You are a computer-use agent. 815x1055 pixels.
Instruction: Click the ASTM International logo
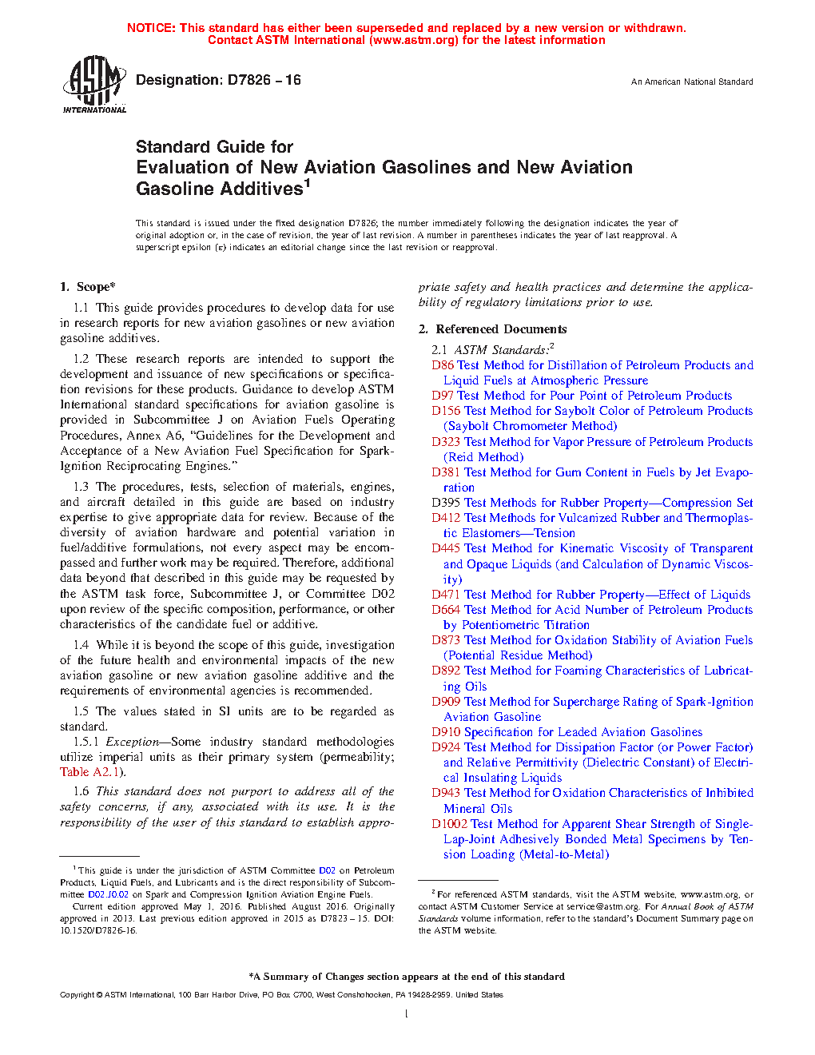coord(94,85)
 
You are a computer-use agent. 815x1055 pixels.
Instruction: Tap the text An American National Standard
coord(692,82)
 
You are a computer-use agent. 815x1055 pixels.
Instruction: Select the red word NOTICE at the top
coord(151,28)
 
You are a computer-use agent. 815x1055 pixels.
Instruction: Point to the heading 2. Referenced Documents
coord(493,329)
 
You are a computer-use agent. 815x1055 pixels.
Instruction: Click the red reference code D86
coord(443,365)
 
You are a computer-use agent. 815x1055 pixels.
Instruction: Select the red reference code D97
coord(443,396)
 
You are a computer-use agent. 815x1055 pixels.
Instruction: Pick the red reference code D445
coord(446,548)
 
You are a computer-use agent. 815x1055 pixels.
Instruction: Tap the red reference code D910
coord(446,732)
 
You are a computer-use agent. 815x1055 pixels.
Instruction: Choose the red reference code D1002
coord(449,824)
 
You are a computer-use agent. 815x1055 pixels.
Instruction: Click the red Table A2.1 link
coord(90,772)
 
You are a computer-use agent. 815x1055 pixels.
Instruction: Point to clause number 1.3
coord(81,487)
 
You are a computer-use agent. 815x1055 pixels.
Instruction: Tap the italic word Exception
coord(133,742)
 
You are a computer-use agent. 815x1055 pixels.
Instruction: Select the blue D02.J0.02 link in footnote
coord(108,894)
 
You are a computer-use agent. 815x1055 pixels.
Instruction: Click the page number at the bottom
coord(407,1014)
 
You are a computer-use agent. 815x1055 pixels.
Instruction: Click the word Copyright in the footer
coord(78,995)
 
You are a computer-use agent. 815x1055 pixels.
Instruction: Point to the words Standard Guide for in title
coord(214,147)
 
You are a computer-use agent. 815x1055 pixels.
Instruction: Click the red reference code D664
coord(446,610)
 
